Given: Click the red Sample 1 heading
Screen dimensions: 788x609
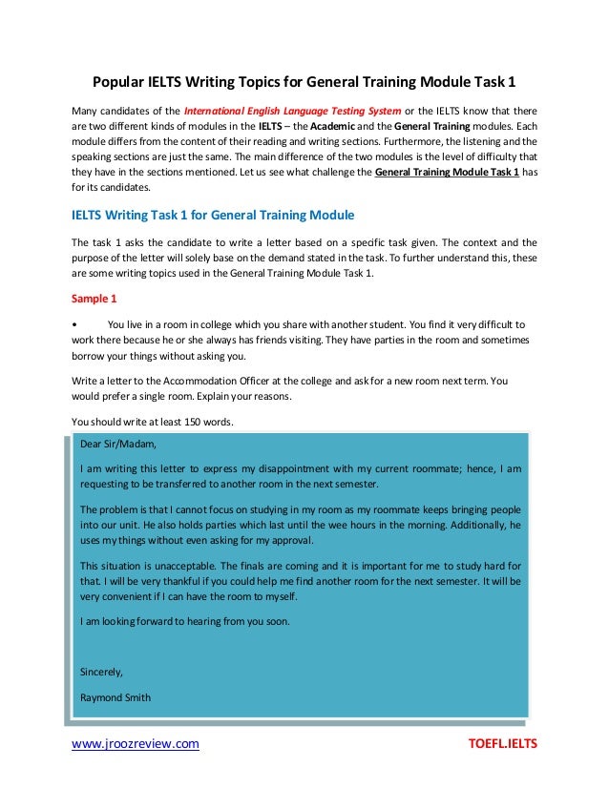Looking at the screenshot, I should (94, 297).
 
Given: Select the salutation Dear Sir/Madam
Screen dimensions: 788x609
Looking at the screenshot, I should (117, 444).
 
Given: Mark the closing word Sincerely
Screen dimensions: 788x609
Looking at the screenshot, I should (101, 671).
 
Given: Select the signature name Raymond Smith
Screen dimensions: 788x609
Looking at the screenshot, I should (115, 696).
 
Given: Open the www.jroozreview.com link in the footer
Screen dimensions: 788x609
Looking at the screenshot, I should (136, 744).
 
